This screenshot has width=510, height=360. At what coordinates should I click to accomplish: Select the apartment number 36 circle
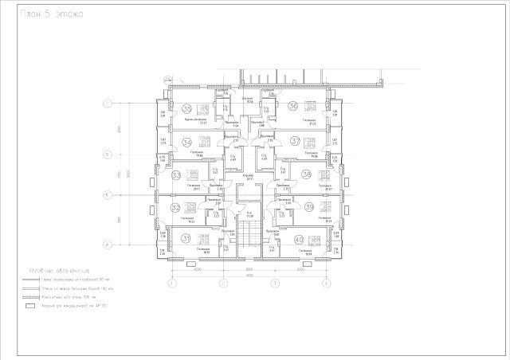pyautogui.click(x=293, y=106)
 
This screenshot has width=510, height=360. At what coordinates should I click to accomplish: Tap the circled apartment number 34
pyautogui.click(x=187, y=143)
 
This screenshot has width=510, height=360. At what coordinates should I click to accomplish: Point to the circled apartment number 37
pyautogui.click(x=295, y=141)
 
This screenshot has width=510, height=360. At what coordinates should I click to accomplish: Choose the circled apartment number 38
pyautogui.click(x=306, y=174)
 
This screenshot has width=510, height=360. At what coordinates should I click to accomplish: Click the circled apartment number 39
pyautogui.click(x=309, y=207)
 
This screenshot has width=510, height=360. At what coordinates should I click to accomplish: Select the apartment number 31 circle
pyautogui.click(x=186, y=239)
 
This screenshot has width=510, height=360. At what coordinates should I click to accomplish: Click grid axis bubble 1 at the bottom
pyautogui.click(x=171, y=283)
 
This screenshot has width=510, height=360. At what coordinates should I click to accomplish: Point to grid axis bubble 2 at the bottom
pyautogui.click(x=223, y=283)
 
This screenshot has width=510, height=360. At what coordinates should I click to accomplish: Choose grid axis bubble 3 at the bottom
pyautogui.click(x=274, y=283)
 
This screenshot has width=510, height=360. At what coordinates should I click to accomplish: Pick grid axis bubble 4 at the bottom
pyautogui.click(x=325, y=283)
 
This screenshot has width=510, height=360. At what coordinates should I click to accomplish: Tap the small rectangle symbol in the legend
pyautogui.click(x=31, y=305)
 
